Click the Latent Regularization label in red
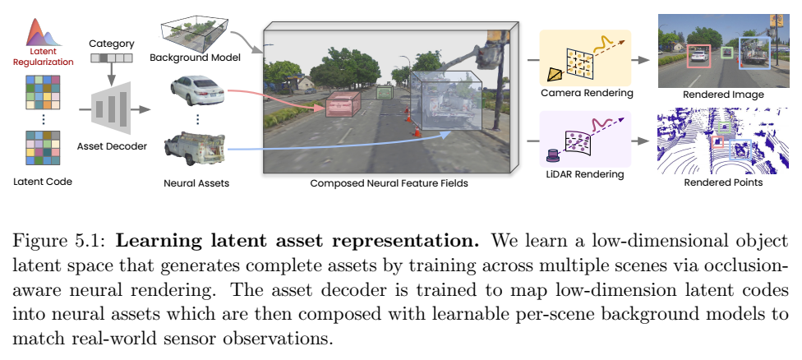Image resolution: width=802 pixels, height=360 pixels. pyautogui.click(x=43, y=57)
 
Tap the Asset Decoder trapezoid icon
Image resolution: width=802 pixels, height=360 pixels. pyautogui.click(x=111, y=109)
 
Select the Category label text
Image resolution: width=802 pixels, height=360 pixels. pyautogui.click(x=112, y=44)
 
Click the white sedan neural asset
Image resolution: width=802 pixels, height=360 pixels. pyautogui.click(x=197, y=90)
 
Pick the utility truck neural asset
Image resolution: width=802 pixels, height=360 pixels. pyautogui.click(x=195, y=148)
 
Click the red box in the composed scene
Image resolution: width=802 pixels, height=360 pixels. pyautogui.click(x=343, y=104)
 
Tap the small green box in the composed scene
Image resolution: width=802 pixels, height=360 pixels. pyautogui.click(x=384, y=93)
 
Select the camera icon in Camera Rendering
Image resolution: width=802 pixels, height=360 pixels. pyautogui.click(x=554, y=75)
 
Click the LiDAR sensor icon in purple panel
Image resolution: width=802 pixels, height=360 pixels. pyautogui.click(x=552, y=155)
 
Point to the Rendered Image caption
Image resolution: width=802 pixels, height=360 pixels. pyautogui.click(x=723, y=95)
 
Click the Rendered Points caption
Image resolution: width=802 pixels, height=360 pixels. pyautogui.click(x=723, y=182)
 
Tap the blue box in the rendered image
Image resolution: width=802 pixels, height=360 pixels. pyautogui.click(x=754, y=53)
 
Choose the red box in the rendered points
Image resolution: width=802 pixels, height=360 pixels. pyautogui.click(x=717, y=141)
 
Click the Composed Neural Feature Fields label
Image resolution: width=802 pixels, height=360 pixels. pyautogui.click(x=389, y=182)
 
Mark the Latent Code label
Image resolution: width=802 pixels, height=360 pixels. pyautogui.click(x=43, y=182)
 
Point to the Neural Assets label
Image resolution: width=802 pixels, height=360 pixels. pyautogui.click(x=196, y=182)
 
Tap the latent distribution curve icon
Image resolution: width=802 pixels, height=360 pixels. pyautogui.click(x=44, y=33)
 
